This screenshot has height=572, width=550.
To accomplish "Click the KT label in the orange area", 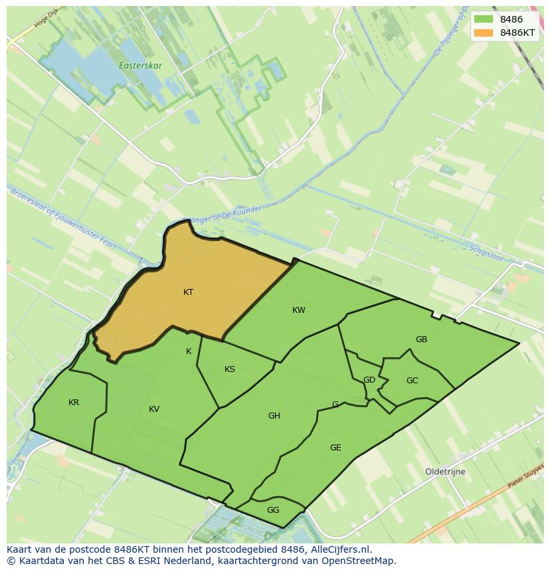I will tap(188, 292).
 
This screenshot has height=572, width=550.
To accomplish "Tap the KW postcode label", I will tap(299, 310).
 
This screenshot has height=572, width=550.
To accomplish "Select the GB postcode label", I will tap(421, 339).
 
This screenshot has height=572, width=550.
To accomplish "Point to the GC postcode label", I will tap(412, 381).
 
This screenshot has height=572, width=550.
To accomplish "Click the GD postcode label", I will tap(369, 380).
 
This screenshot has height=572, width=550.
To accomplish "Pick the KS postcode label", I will tap(230, 369).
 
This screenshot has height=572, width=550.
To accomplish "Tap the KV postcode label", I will tap(154, 409).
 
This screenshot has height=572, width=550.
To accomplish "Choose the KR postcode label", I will tap(74, 403).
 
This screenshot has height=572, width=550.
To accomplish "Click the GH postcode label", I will tap(274, 416).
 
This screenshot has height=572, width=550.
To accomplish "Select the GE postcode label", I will tap(335, 448).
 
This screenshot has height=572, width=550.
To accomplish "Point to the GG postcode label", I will tap(273, 510).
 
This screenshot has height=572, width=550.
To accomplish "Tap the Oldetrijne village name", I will tap(445, 472).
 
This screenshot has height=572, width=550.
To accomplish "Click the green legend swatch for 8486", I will tap(484, 20).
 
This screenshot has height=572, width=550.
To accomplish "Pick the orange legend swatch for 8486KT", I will tap(484, 33).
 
